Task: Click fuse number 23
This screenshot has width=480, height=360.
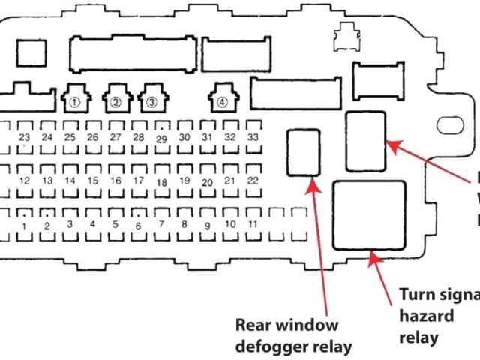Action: pyautogui.click(x=25, y=137)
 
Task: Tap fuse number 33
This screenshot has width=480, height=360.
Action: pyautogui.click(x=253, y=137)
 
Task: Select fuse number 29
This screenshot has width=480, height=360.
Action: pyautogui.click(x=161, y=139)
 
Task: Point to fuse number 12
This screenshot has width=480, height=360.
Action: pyautogui.click(x=25, y=181)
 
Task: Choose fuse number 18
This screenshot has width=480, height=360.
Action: pyautogui.click(x=161, y=182)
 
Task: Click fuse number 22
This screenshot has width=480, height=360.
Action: pyautogui.click(x=253, y=181)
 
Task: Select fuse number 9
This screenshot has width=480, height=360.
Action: pyautogui.click(x=207, y=225)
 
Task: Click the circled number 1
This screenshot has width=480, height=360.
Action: pyautogui.click(x=74, y=101)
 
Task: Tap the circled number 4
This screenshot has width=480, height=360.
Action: pyautogui.click(x=222, y=101)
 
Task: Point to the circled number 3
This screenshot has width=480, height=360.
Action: pyautogui.click(x=151, y=101)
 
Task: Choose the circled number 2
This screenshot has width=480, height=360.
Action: pyautogui.click(x=116, y=101)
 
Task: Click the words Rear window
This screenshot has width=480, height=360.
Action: pyautogui.click(x=287, y=325)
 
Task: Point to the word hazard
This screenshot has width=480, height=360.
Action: pyautogui.click(x=426, y=315)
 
